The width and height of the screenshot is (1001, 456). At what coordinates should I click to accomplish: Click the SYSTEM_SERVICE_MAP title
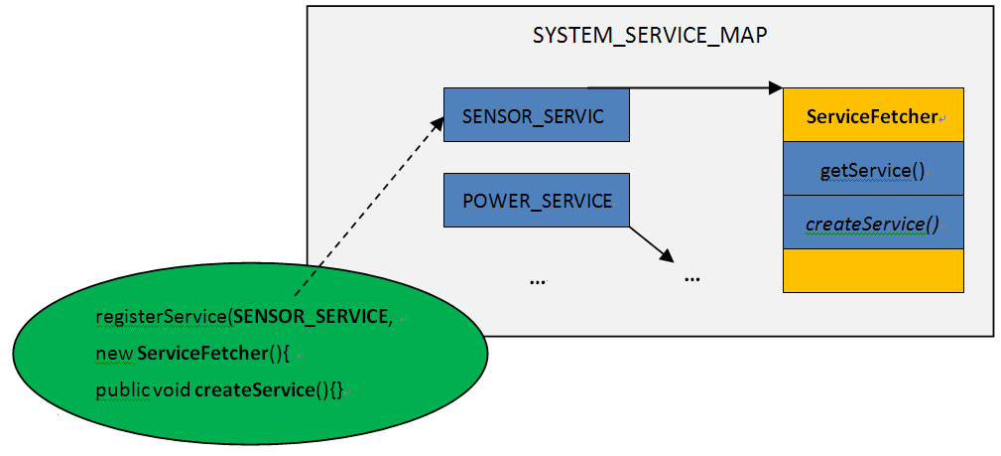pyautogui.click(x=650, y=37)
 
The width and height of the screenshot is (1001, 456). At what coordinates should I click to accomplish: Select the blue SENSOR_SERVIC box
pyautogui.click(x=536, y=115)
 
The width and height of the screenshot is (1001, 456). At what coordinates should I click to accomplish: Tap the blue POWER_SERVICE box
pyautogui.click(x=536, y=202)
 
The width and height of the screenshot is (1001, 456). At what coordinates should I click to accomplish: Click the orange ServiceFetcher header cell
pyautogui.click(x=873, y=116)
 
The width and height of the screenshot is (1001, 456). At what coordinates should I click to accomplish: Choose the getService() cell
pyautogui.click(x=873, y=171)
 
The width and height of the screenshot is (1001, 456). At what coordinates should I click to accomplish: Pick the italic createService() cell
pyautogui.click(x=873, y=224)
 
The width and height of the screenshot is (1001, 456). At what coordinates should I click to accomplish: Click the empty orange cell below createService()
pyautogui.click(x=873, y=270)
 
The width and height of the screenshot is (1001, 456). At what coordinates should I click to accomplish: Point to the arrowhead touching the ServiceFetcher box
pyautogui.click(x=776, y=88)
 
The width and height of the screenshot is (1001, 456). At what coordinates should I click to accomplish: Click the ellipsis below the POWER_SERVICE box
pyautogui.click(x=538, y=280)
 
